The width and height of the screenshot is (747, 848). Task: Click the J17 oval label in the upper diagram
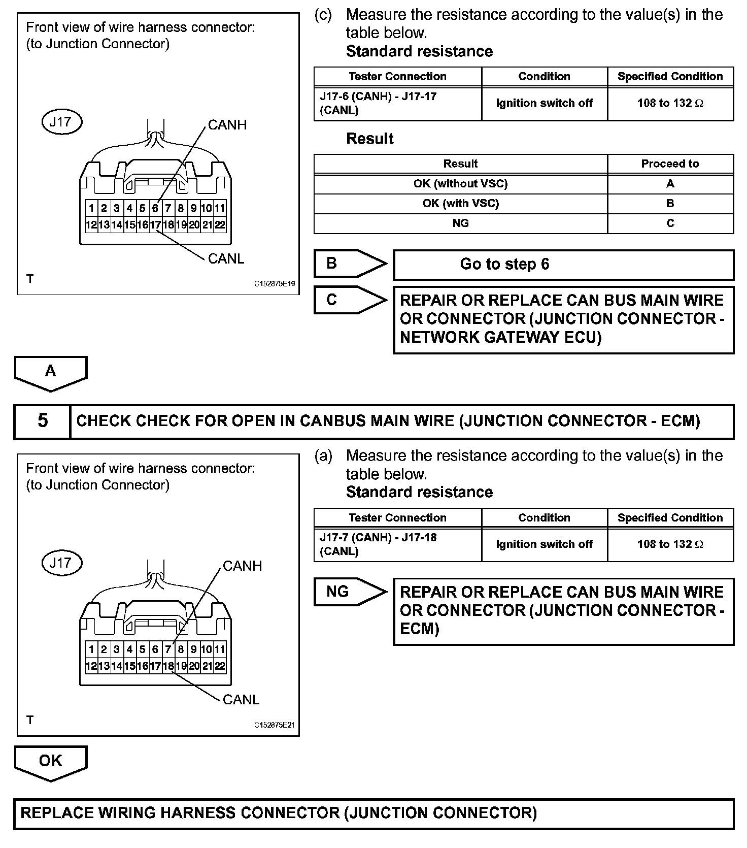click(61, 122)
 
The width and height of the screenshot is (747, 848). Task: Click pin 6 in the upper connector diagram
click(155, 208)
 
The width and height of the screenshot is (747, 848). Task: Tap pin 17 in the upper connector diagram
click(155, 225)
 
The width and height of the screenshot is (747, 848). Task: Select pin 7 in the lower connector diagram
click(168, 649)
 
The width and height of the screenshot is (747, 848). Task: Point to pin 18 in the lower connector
click(168, 666)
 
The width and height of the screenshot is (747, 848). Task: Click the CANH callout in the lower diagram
click(242, 566)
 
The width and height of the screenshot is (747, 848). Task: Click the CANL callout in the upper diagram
click(226, 259)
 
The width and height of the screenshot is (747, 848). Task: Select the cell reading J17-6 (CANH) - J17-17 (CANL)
click(397, 104)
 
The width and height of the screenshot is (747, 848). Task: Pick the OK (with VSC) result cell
click(460, 204)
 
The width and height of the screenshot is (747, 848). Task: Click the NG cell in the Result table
click(460, 223)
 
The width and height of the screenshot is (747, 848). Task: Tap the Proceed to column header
click(670, 164)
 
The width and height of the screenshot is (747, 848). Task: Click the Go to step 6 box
click(563, 265)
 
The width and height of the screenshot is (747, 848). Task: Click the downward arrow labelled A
click(51, 373)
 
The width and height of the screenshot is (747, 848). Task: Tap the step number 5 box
click(43, 421)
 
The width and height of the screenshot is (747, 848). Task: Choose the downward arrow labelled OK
click(51, 762)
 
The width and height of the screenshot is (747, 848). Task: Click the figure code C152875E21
click(275, 725)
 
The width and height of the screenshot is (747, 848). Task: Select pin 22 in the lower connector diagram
click(220, 666)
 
